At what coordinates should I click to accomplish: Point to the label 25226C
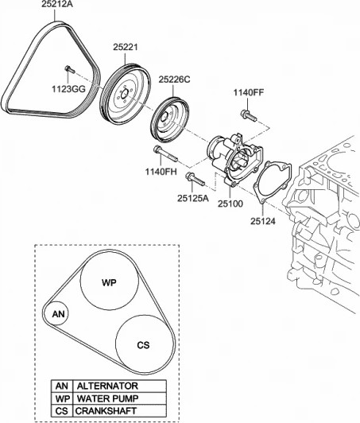175,79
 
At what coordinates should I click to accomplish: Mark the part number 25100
231,204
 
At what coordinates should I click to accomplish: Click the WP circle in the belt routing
110,283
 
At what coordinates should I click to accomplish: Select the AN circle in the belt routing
58,315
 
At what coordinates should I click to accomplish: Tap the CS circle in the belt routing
143,345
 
